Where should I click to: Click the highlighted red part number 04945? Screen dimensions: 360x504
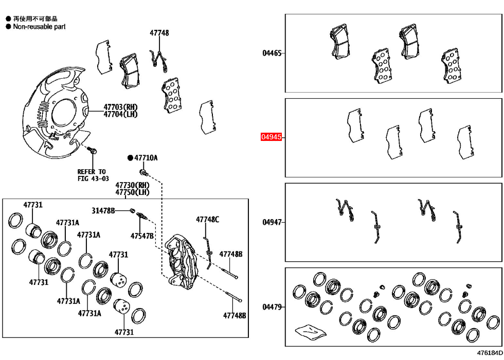(271, 137)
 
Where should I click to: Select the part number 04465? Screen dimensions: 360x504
(272, 53)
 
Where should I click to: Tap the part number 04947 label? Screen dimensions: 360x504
(272, 222)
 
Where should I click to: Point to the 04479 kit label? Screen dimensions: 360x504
(272, 307)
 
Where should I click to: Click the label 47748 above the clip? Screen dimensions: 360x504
(159, 33)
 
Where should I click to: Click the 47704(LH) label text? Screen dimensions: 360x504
(120, 114)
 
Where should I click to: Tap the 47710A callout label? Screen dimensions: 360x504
(146, 158)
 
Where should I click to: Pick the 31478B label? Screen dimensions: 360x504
(103, 210)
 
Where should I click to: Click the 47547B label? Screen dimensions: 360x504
(141, 236)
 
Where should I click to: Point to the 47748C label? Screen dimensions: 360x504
(207, 220)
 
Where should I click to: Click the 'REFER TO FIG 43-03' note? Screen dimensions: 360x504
(93, 175)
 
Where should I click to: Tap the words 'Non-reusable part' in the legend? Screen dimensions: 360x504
(39, 26)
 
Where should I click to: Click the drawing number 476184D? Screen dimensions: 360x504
(489, 353)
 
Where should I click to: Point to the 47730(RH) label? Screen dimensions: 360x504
(132, 185)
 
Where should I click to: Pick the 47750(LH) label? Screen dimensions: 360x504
(132, 192)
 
